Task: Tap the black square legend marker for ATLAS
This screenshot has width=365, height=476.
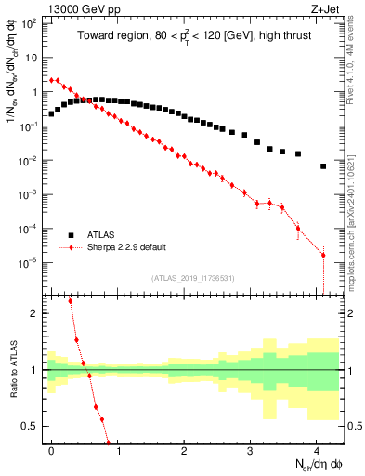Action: coord(71,235)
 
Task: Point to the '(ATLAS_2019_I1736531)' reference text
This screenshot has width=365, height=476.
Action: coord(192,278)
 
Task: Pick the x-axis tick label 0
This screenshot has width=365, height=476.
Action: coord(51,449)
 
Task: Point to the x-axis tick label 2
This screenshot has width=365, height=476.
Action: coord(184,449)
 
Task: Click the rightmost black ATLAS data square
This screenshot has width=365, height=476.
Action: coord(323,166)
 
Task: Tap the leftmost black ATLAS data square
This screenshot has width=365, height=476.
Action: coord(51,113)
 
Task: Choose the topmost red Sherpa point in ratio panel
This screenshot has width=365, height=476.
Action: coord(70,301)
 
